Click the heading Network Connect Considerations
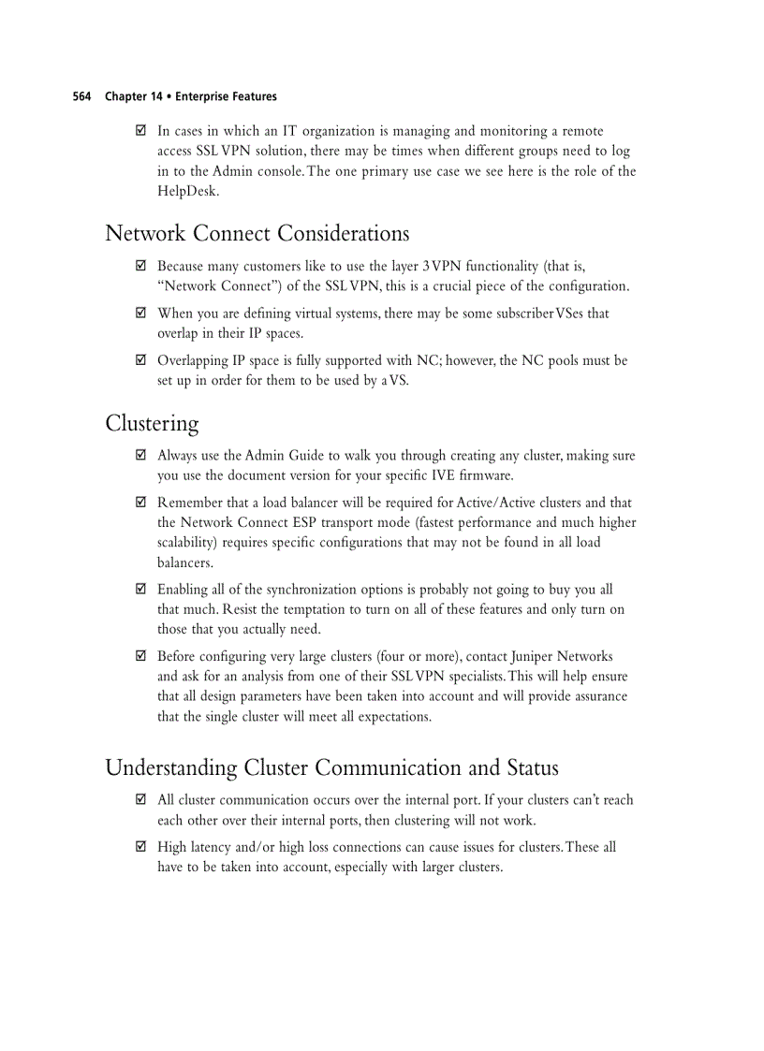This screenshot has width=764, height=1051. pos(257,233)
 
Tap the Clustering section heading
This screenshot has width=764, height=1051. pos(152,423)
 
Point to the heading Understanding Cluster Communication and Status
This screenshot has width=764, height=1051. pos(331,768)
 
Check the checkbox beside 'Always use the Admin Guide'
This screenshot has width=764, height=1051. pos(141,456)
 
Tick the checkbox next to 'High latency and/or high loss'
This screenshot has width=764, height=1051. pos(141,847)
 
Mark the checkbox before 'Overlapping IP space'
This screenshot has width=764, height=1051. pos(141,360)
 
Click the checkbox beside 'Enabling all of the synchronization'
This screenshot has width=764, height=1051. pos(141,590)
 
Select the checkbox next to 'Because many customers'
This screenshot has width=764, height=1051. pos(141,266)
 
